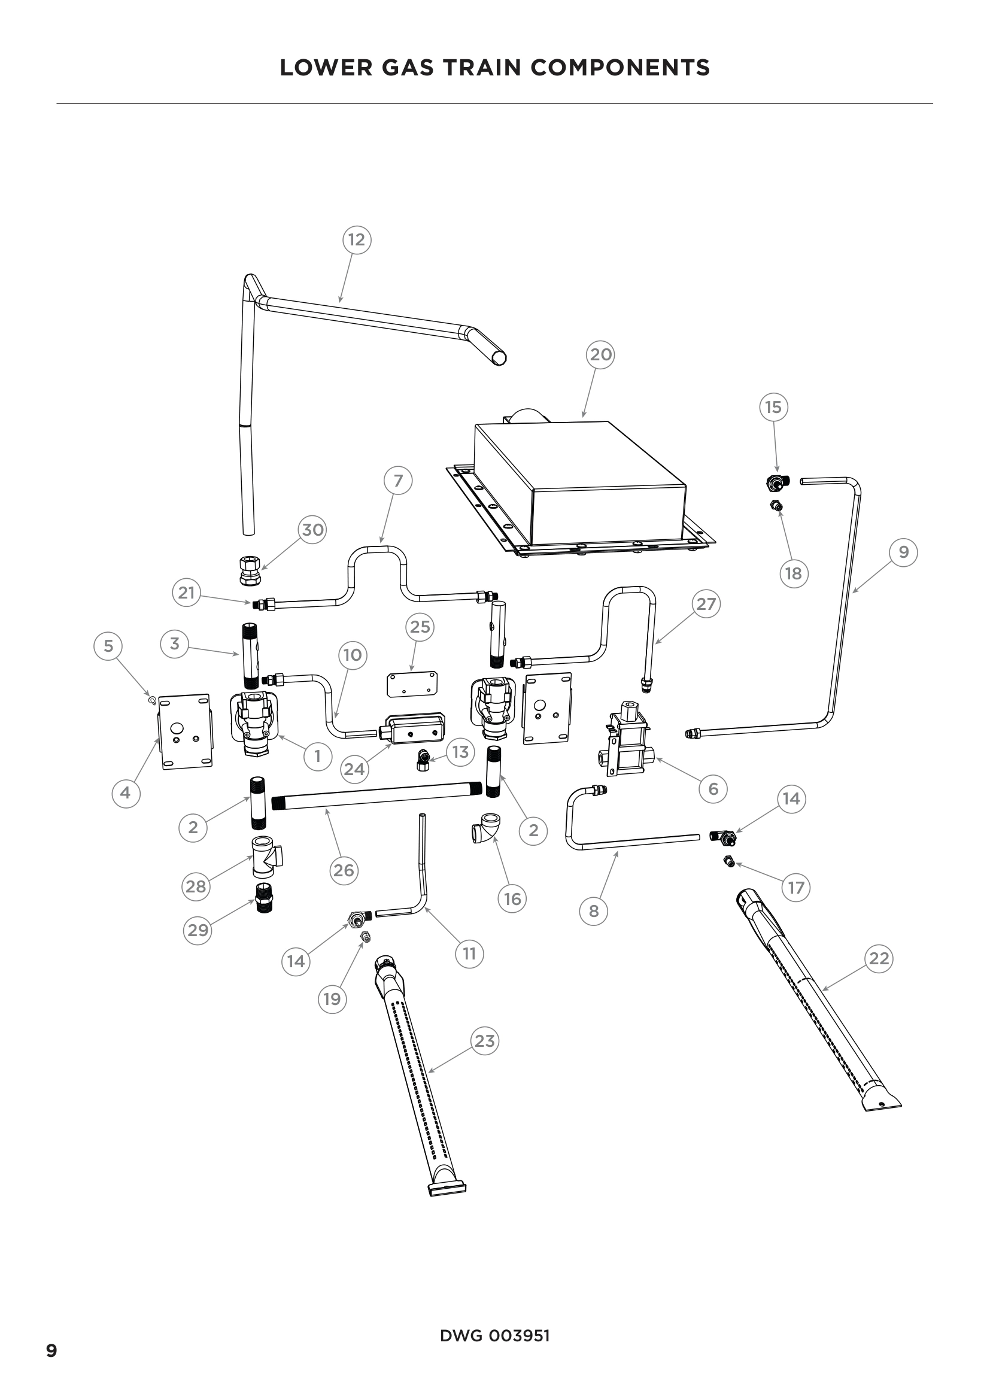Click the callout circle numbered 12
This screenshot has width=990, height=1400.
click(x=357, y=239)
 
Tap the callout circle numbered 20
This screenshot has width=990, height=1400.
click(x=600, y=354)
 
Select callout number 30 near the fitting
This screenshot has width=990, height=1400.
click(x=312, y=529)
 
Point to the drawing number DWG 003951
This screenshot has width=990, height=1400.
click(x=494, y=1335)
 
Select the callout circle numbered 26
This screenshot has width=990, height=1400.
click(x=344, y=870)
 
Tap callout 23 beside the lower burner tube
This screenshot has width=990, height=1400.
click(x=485, y=1040)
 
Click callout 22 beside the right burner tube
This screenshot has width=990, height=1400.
click(x=879, y=958)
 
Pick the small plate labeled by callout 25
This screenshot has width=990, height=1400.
click(x=412, y=683)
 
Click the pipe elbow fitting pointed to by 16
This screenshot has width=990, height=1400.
click(x=486, y=827)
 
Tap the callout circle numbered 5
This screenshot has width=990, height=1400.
click(x=108, y=646)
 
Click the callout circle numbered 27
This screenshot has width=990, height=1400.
click(x=706, y=604)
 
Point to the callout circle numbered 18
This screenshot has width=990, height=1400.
click(x=794, y=573)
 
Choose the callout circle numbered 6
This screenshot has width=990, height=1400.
click(x=713, y=788)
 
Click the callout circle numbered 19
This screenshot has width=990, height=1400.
click(x=332, y=999)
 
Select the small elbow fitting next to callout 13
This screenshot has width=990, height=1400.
click(x=422, y=760)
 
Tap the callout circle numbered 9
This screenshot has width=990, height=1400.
click(x=903, y=552)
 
